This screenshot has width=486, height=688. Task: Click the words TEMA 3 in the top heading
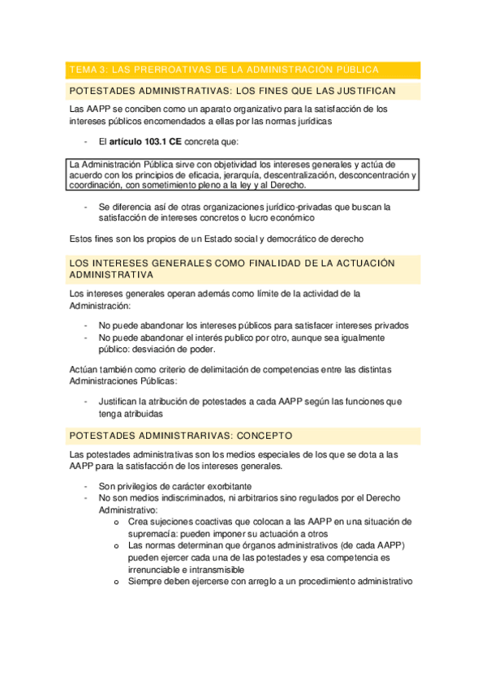pyautogui.click(x=90, y=70)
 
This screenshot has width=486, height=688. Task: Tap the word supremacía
pyautogui.click(x=154, y=534)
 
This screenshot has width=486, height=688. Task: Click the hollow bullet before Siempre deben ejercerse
pyautogui.click(x=118, y=582)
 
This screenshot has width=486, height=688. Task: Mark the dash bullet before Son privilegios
pyautogui.click(x=86, y=486)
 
